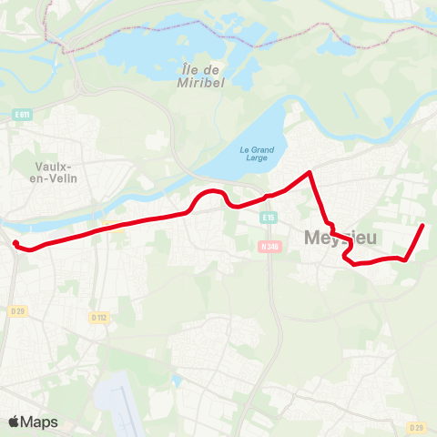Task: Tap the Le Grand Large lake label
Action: tap(256, 155)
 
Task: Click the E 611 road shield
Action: tap(23, 114)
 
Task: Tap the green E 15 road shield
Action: tap(268, 218)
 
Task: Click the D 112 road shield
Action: tap(98, 317)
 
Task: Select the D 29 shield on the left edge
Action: tap(17, 311)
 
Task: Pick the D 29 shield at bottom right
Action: tap(417, 427)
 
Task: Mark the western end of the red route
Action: tap(15, 242)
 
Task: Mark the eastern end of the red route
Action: tap(423, 225)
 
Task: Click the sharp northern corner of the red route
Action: tap(310, 172)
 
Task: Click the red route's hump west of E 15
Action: tap(213, 192)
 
